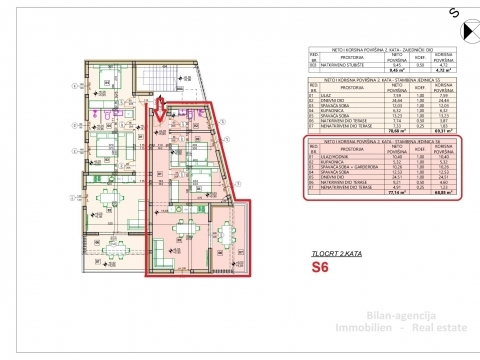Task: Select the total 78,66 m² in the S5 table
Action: coord(368,129)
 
